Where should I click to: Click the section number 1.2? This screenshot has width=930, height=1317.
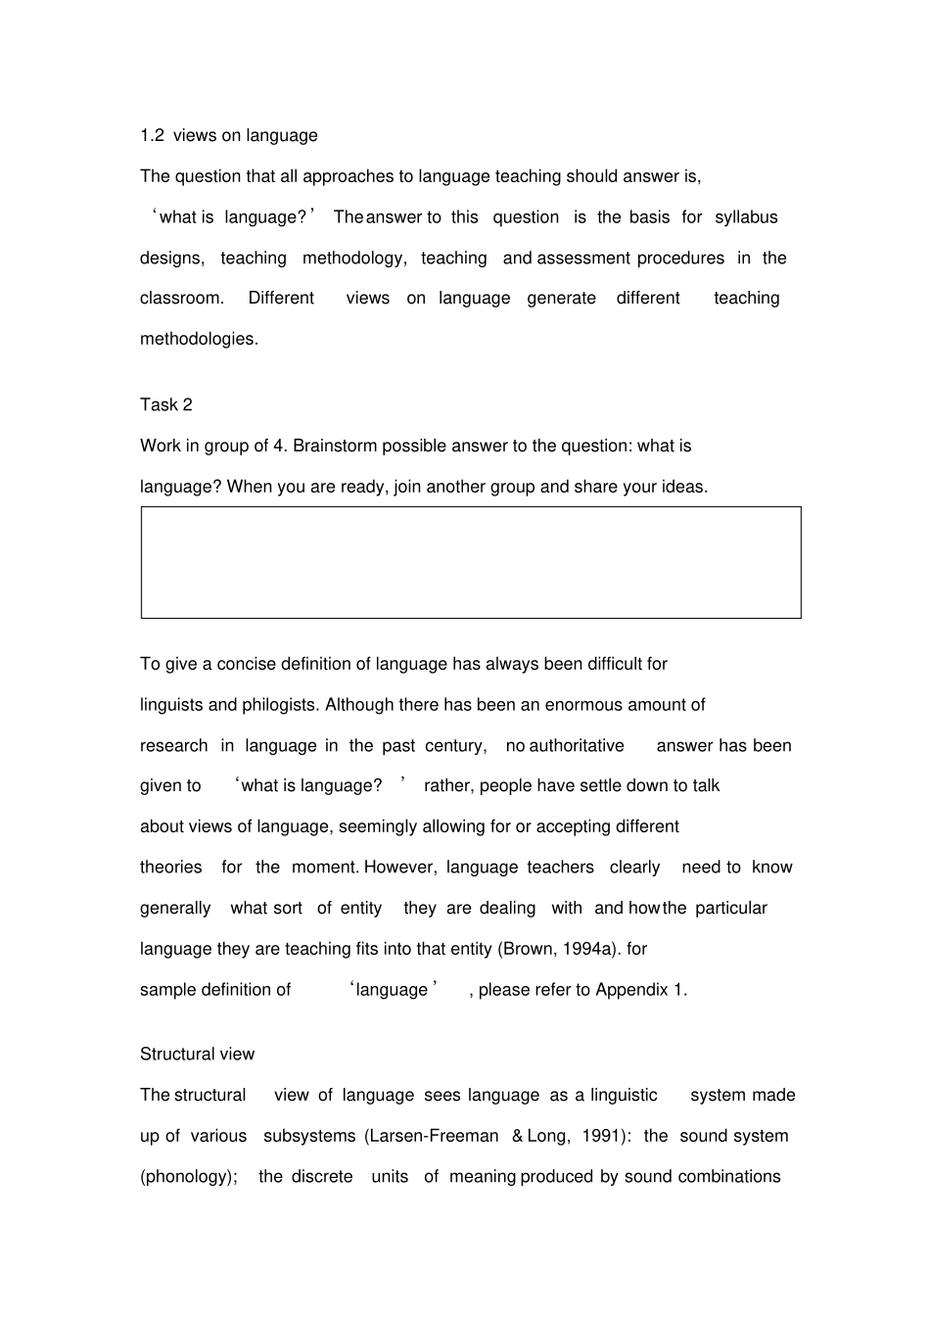(152, 136)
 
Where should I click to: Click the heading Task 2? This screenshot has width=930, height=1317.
(166, 405)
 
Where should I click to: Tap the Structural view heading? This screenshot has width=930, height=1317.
(197, 1055)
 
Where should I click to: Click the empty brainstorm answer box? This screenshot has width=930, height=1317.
(471, 562)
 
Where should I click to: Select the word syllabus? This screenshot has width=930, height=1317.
(746, 217)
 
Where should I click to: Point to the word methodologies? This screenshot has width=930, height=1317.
(199, 339)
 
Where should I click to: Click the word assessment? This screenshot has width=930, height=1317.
(583, 259)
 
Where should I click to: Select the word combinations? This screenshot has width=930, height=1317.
(729, 1177)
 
